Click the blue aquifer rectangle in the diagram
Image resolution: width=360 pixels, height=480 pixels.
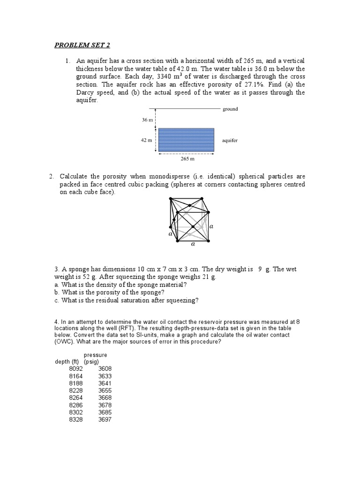tap(186, 140)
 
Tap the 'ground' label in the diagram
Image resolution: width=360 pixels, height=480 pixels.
tap(230, 109)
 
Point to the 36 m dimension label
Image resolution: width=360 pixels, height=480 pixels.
tap(147, 120)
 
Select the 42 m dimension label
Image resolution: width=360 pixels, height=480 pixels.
tap(147, 140)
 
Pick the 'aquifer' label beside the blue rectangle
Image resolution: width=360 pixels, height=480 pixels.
tap(231, 140)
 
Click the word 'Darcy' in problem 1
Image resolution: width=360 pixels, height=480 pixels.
tap(86, 92)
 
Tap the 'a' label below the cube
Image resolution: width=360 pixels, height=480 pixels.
tap(192, 244)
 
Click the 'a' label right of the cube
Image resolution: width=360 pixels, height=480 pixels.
tap(211, 226)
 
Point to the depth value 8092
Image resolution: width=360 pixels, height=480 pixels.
tap(75, 369)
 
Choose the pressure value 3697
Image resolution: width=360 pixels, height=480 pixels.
tap(105, 419)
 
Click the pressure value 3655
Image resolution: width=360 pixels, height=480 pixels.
tap(105, 390)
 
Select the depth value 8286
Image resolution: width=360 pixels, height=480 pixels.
tap(75, 405)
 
